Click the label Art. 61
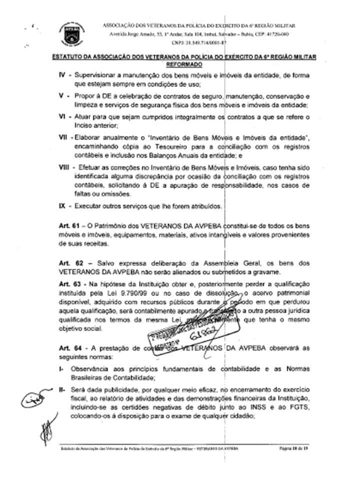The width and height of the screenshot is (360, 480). coord(69,227)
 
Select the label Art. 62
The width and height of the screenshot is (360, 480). coord(69,263)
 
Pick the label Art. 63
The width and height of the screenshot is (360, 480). coord(69,284)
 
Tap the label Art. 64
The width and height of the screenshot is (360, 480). coord(69,348)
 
